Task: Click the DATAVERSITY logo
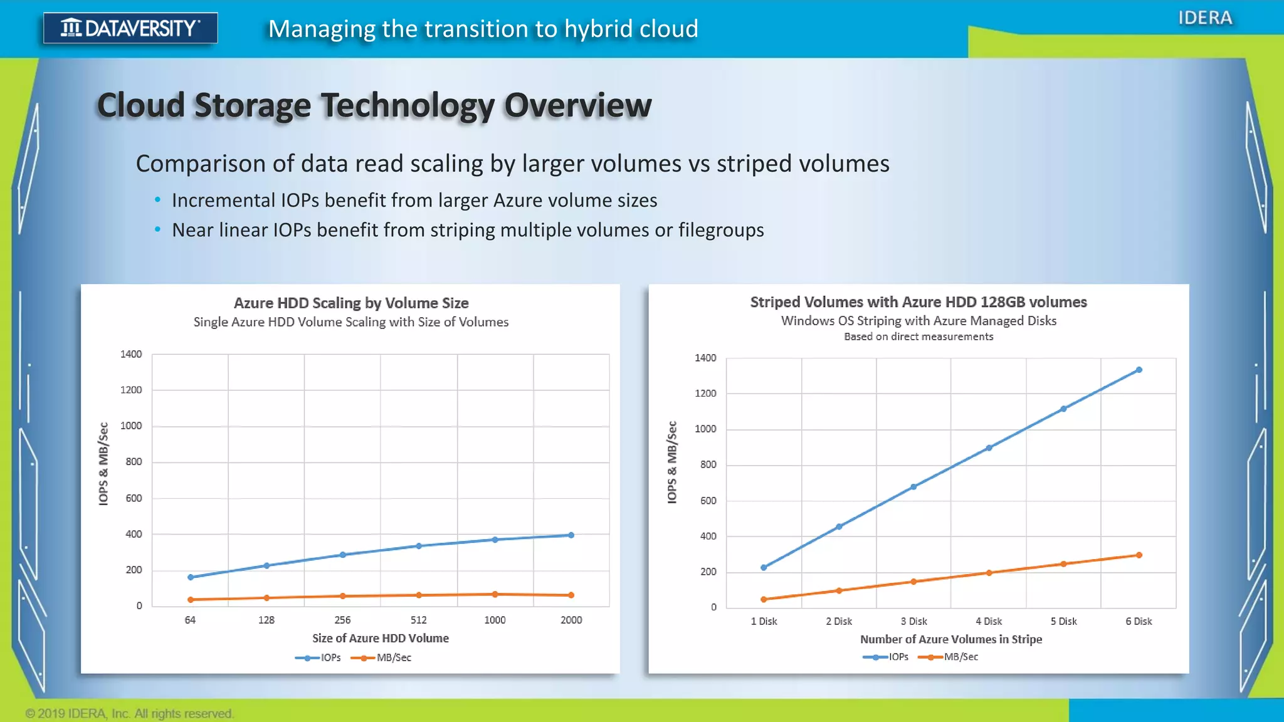coord(130,28)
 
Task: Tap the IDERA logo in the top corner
coord(1204,18)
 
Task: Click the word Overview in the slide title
coord(577,105)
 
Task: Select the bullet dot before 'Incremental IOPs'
coord(157,201)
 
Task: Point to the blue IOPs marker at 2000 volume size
coord(571,535)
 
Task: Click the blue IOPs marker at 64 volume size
coord(191,577)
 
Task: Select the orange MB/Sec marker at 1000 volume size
coord(495,594)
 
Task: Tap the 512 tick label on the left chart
coord(418,620)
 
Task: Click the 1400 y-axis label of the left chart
coord(131,354)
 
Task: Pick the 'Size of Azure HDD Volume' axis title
coord(381,638)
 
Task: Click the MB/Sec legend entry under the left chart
coord(382,657)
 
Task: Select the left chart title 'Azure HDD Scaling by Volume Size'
coord(351,303)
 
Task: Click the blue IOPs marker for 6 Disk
coord(1139,370)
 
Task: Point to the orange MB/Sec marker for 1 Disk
coord(764,599)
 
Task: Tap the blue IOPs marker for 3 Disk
coord(913,487)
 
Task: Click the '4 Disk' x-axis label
coord(989,621)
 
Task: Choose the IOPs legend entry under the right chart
coord(887,657)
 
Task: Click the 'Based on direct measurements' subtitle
coord(918,337)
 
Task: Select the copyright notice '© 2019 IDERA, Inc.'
coord(129,713)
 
